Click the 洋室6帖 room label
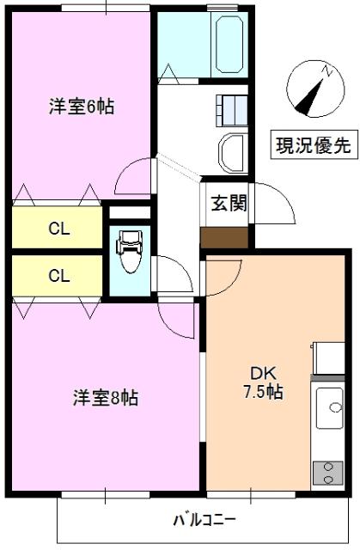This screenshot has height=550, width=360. click(x=82, y=107)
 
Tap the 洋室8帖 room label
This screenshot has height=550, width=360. click(x=105, y=398)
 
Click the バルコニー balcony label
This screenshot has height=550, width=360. click(x=204, y=520)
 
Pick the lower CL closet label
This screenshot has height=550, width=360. click(x=58, y=276)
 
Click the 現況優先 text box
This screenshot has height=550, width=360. click(x=313, y=145)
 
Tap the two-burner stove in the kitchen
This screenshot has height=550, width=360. click(x=327, y=473)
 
